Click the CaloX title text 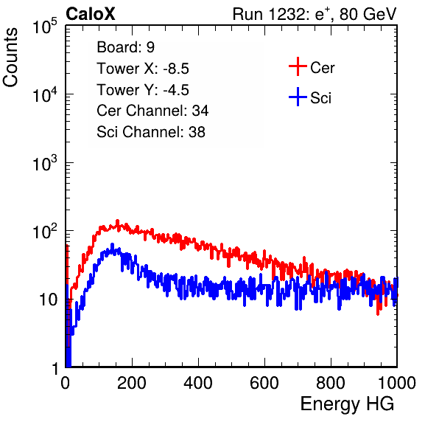pos(91,14)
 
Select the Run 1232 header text pos(315,14)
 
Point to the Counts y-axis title pos(10,58)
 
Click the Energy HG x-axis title pos(347,404)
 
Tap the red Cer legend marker pos(298,66)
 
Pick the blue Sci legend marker pos(298,97)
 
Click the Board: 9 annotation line pos(125,47)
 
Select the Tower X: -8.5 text pos(143,69)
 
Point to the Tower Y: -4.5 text pos(143,90)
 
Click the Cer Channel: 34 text pos(152,111)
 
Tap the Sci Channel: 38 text pos(151,132)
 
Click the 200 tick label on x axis pos(132,383)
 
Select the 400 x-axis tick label pos(198,383)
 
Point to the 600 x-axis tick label pos(264,383)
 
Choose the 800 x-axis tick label pos(331,383)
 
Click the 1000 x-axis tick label pos(397,383)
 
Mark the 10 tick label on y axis pos(49,300)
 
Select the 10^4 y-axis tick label pos(46,94)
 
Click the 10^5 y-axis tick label pos(46,26)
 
